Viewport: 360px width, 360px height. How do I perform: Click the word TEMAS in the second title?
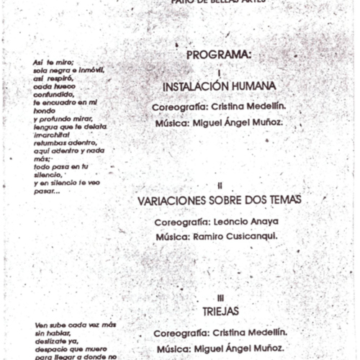click(282, 200)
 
